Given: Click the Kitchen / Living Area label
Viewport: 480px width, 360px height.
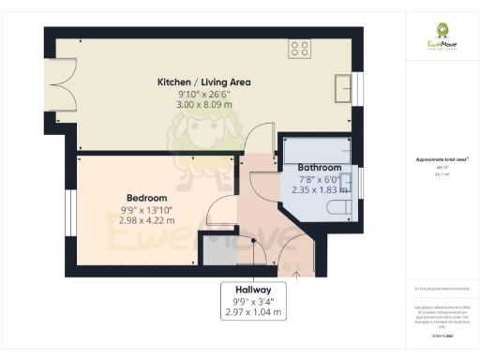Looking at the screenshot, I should [x=203, y=82].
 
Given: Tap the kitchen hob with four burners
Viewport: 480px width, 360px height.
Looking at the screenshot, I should [x=300, y=48].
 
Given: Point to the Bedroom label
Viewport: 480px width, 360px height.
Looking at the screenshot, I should [x=147, y=198].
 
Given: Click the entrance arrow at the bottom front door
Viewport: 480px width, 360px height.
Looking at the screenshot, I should [x=297, y=273].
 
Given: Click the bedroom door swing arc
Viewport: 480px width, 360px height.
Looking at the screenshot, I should [x=223, y=212].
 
